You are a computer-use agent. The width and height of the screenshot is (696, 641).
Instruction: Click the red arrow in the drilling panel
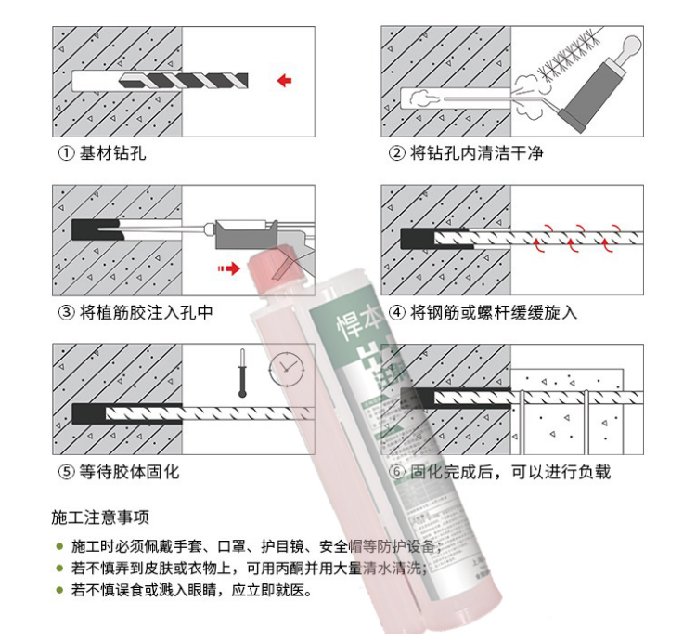[x=284, y=81]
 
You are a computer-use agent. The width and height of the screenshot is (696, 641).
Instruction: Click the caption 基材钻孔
[x=112, y=153]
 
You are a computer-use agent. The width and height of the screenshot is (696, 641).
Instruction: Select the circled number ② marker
[x=396, y=153]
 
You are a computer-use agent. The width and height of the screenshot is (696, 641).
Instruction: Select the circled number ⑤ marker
[x=66, y=472]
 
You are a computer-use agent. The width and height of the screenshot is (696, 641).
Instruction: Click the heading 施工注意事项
[x=100, y=517]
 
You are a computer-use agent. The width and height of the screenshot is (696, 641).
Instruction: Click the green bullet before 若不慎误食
[x=59, y=590]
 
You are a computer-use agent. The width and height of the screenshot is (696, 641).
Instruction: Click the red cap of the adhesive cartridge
[x=278, y=260]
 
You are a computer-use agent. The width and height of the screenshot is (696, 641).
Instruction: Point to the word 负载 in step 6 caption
[x=594, y=472]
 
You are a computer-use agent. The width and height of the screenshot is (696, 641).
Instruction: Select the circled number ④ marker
[x=396, y=312]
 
